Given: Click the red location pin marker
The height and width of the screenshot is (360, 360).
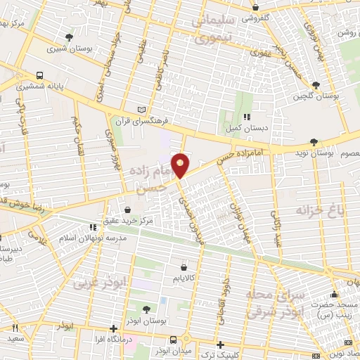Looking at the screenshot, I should click(181, 165).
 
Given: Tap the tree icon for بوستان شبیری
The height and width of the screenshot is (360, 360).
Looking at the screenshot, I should click(68, 37).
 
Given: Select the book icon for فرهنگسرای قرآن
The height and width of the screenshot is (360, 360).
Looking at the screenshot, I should click(143, 110).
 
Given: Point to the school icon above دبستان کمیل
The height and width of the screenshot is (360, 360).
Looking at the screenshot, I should click(246, 117).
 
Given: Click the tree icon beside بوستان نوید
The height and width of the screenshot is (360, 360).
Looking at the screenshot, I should click(314, 141).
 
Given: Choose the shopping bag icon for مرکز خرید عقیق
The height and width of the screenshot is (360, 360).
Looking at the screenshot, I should click(127, 210).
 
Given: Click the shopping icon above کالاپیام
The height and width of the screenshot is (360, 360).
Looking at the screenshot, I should click(184, 267).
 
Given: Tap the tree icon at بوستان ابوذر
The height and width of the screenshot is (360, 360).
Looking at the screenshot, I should click(146, 309).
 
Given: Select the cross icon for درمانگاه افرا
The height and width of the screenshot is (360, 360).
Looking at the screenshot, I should click(114, 328).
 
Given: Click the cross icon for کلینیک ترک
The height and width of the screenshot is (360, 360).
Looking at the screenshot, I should click(221, 345).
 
